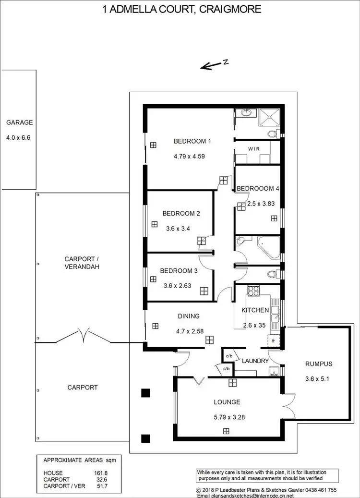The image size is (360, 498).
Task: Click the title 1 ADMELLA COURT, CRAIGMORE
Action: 182,10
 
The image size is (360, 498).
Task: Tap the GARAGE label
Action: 20,122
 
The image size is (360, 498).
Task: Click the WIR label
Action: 254,149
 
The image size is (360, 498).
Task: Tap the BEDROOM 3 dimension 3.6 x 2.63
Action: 178,285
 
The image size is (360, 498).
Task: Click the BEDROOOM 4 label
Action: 258,188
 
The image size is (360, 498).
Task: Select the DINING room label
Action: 188,316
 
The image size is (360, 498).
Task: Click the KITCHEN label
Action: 255,310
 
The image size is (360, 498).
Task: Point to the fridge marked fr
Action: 273,340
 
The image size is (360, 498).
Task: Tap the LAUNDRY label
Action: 255,361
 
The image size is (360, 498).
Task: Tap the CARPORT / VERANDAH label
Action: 82,263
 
